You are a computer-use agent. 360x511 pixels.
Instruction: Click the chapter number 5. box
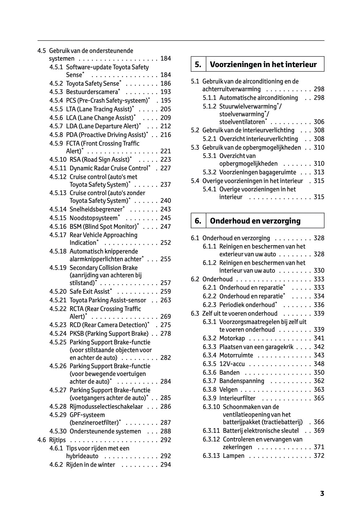pos(198,64)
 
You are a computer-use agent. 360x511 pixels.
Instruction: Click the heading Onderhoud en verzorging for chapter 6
pos(255,221)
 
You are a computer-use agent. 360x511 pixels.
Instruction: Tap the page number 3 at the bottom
pos(322,493)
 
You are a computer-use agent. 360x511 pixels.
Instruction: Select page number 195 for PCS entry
pos(166,100)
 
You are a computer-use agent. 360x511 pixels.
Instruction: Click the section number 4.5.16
pos(58,227)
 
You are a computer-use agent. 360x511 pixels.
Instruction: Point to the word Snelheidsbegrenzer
pos(96,210)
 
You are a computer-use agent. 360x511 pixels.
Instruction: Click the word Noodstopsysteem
pos(94,218)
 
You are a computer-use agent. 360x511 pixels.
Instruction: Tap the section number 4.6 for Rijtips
pos(42,440)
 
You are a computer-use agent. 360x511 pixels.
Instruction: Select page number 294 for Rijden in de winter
pos(166,465)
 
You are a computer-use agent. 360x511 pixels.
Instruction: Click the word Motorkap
pos(232,338)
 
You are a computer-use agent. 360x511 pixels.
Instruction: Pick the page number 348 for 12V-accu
pos(319,364)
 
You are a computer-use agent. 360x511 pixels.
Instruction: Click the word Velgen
pos(228,390)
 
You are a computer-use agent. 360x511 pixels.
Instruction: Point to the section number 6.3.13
pos(211,456)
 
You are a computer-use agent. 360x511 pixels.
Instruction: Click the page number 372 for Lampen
pos(319,456)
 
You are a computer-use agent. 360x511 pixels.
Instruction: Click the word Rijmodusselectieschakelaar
pos(106,407)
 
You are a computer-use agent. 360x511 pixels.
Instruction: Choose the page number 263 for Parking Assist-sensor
pos(166,300)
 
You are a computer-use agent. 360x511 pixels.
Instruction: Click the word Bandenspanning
pos(242,381)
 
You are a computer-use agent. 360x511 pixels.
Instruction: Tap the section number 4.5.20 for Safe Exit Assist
pos(58,292)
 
